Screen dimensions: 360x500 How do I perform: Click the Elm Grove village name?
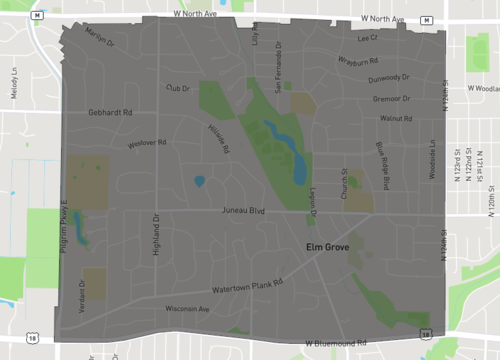click(327, 245)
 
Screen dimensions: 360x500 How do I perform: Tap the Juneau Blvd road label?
click(243, 211)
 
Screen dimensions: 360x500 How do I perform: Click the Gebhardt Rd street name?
click(110, 113)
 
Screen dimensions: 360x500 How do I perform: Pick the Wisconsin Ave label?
click(188, 309)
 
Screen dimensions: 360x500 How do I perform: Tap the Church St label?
click(344, 185)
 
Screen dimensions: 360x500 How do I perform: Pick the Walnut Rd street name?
click(396, 119)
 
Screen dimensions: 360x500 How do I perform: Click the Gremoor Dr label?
click(391, 99)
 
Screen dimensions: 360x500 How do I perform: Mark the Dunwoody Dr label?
click(389, 78)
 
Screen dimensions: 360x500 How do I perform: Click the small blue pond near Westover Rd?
click(199, 182)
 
